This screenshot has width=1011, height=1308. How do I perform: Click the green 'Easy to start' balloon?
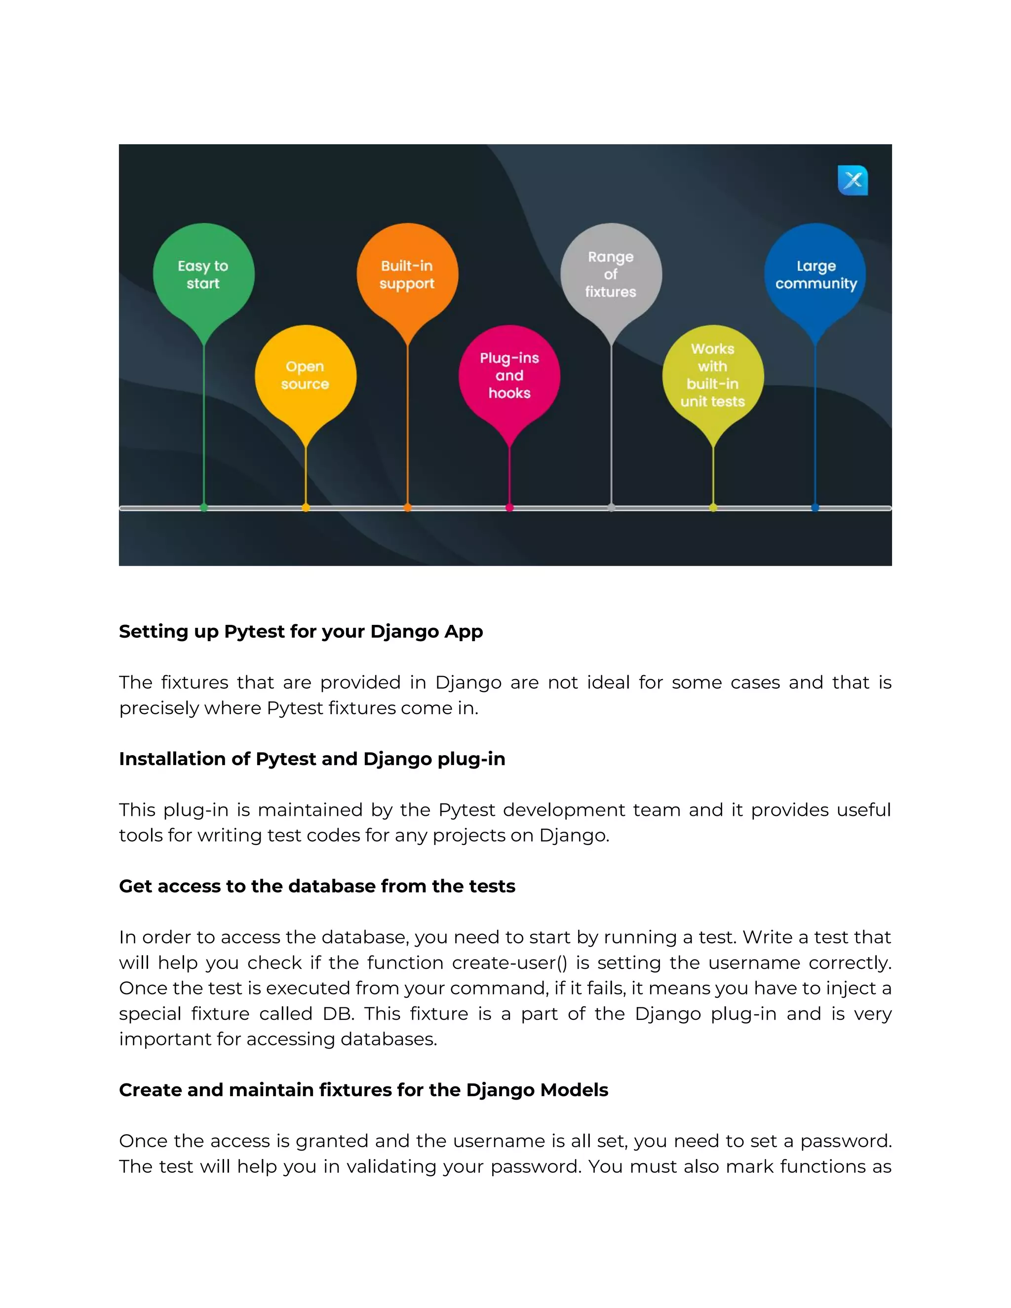(x=204, y=274)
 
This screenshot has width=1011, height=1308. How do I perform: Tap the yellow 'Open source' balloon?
(x=306, y=376)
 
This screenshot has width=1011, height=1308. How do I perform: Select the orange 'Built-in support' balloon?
(x=407, y=274)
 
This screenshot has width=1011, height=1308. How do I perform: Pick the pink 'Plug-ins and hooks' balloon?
(x=509, y=376)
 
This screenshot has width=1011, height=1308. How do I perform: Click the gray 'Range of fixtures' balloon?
(x=611, y=274)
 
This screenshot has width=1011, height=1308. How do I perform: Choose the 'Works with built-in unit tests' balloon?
(x=713, y=376)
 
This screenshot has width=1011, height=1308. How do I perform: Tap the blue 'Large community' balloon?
(x=815, y=274)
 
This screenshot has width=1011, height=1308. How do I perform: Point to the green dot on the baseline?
(x=204, y=508)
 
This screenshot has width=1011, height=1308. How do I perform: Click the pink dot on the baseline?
(x=509, y=508)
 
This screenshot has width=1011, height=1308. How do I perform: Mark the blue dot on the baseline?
(x=815, y=508)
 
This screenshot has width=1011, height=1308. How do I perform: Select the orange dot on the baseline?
(x=407, y=508)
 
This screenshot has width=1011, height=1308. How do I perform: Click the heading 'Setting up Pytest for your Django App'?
(x=301, y=632)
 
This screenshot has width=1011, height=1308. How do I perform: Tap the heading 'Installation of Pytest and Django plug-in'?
(x=312, y=759)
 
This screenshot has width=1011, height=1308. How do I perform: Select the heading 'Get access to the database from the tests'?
(x=317, y=886)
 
